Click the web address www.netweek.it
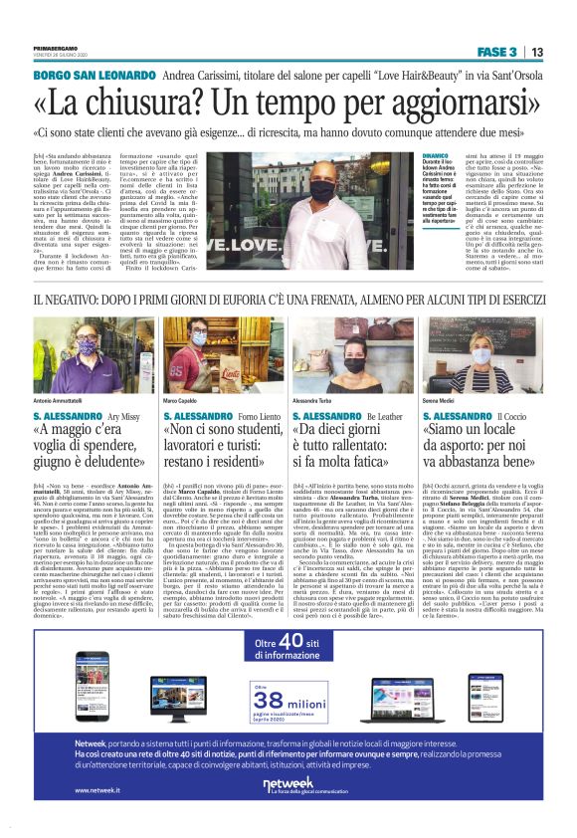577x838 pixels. coord(98,791)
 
